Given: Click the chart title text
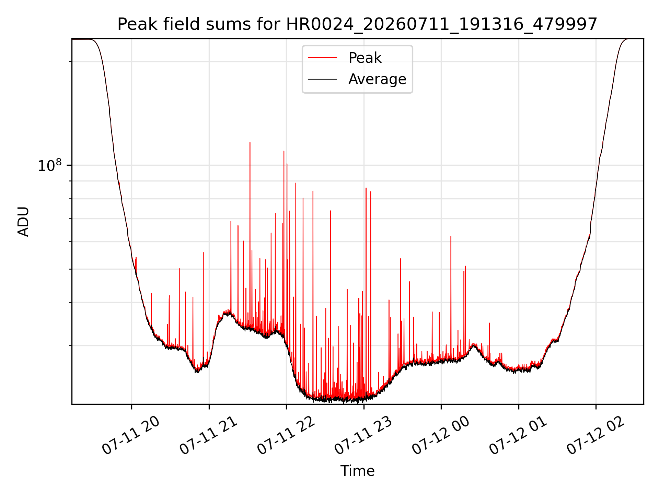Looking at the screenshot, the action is (x=357, y=24).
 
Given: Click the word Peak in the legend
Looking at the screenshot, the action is (x=365, y=58).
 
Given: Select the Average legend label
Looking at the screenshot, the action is (x=377, y=79).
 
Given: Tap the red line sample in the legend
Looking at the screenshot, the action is (x=322, y=58).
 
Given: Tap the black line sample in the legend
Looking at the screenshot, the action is (x=322, y=79).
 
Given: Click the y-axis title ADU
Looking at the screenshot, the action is (x=23, y=222).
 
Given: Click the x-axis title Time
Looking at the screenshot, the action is (x=357, y=471).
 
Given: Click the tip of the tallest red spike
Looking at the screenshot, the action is (x=250, y=142).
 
